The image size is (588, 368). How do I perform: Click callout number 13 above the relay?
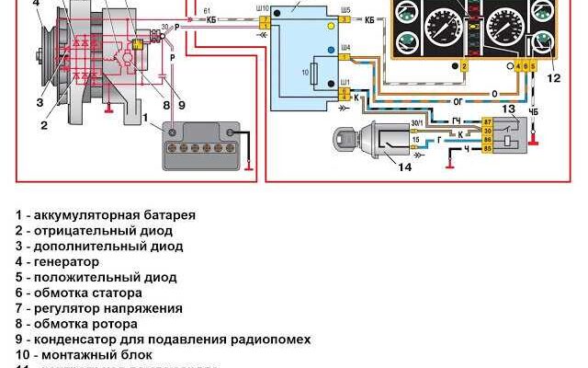(509, 109)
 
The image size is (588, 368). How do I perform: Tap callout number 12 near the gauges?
(552, 78)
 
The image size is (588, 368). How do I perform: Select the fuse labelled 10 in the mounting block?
(317, 72)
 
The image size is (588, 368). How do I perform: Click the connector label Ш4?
(345, 46)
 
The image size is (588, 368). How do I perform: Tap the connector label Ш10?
(265, 7)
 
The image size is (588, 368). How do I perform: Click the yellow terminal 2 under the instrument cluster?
(465, 67)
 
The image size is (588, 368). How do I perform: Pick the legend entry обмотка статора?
(84, 293)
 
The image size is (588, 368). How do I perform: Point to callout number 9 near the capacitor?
(181, 104)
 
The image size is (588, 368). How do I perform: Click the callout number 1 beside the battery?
(144, 117)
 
